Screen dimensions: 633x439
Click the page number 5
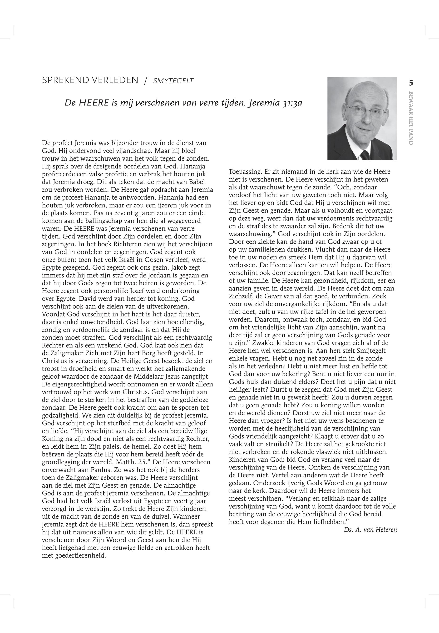[411, 83]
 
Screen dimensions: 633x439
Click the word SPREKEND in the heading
[62, 80]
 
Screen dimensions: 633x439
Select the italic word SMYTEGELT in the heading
[173, 81]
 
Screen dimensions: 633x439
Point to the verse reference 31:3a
[292, 103]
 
